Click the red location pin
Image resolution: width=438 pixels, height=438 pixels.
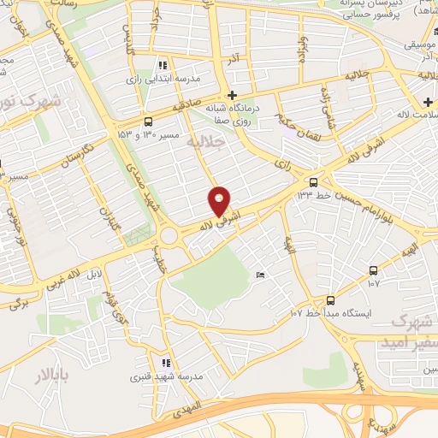(220, 200)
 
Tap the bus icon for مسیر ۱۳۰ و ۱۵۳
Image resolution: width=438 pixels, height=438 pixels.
(149, 121)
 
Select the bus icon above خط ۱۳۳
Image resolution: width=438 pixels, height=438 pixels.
(313, 181)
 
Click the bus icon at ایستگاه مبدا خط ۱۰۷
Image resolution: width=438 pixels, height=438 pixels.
(330, 300)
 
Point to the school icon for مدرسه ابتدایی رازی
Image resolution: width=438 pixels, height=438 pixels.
(162, 64)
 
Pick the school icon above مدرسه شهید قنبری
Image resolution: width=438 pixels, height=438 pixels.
(166, 363)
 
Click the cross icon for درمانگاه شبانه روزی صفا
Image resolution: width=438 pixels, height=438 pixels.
(232, 95)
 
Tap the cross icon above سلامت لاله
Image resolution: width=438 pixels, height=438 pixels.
(427, 103)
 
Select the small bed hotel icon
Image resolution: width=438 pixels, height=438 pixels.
(261, 275)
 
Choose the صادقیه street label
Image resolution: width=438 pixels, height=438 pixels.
(191, 107)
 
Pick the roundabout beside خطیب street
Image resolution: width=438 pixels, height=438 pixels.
(169, 234)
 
